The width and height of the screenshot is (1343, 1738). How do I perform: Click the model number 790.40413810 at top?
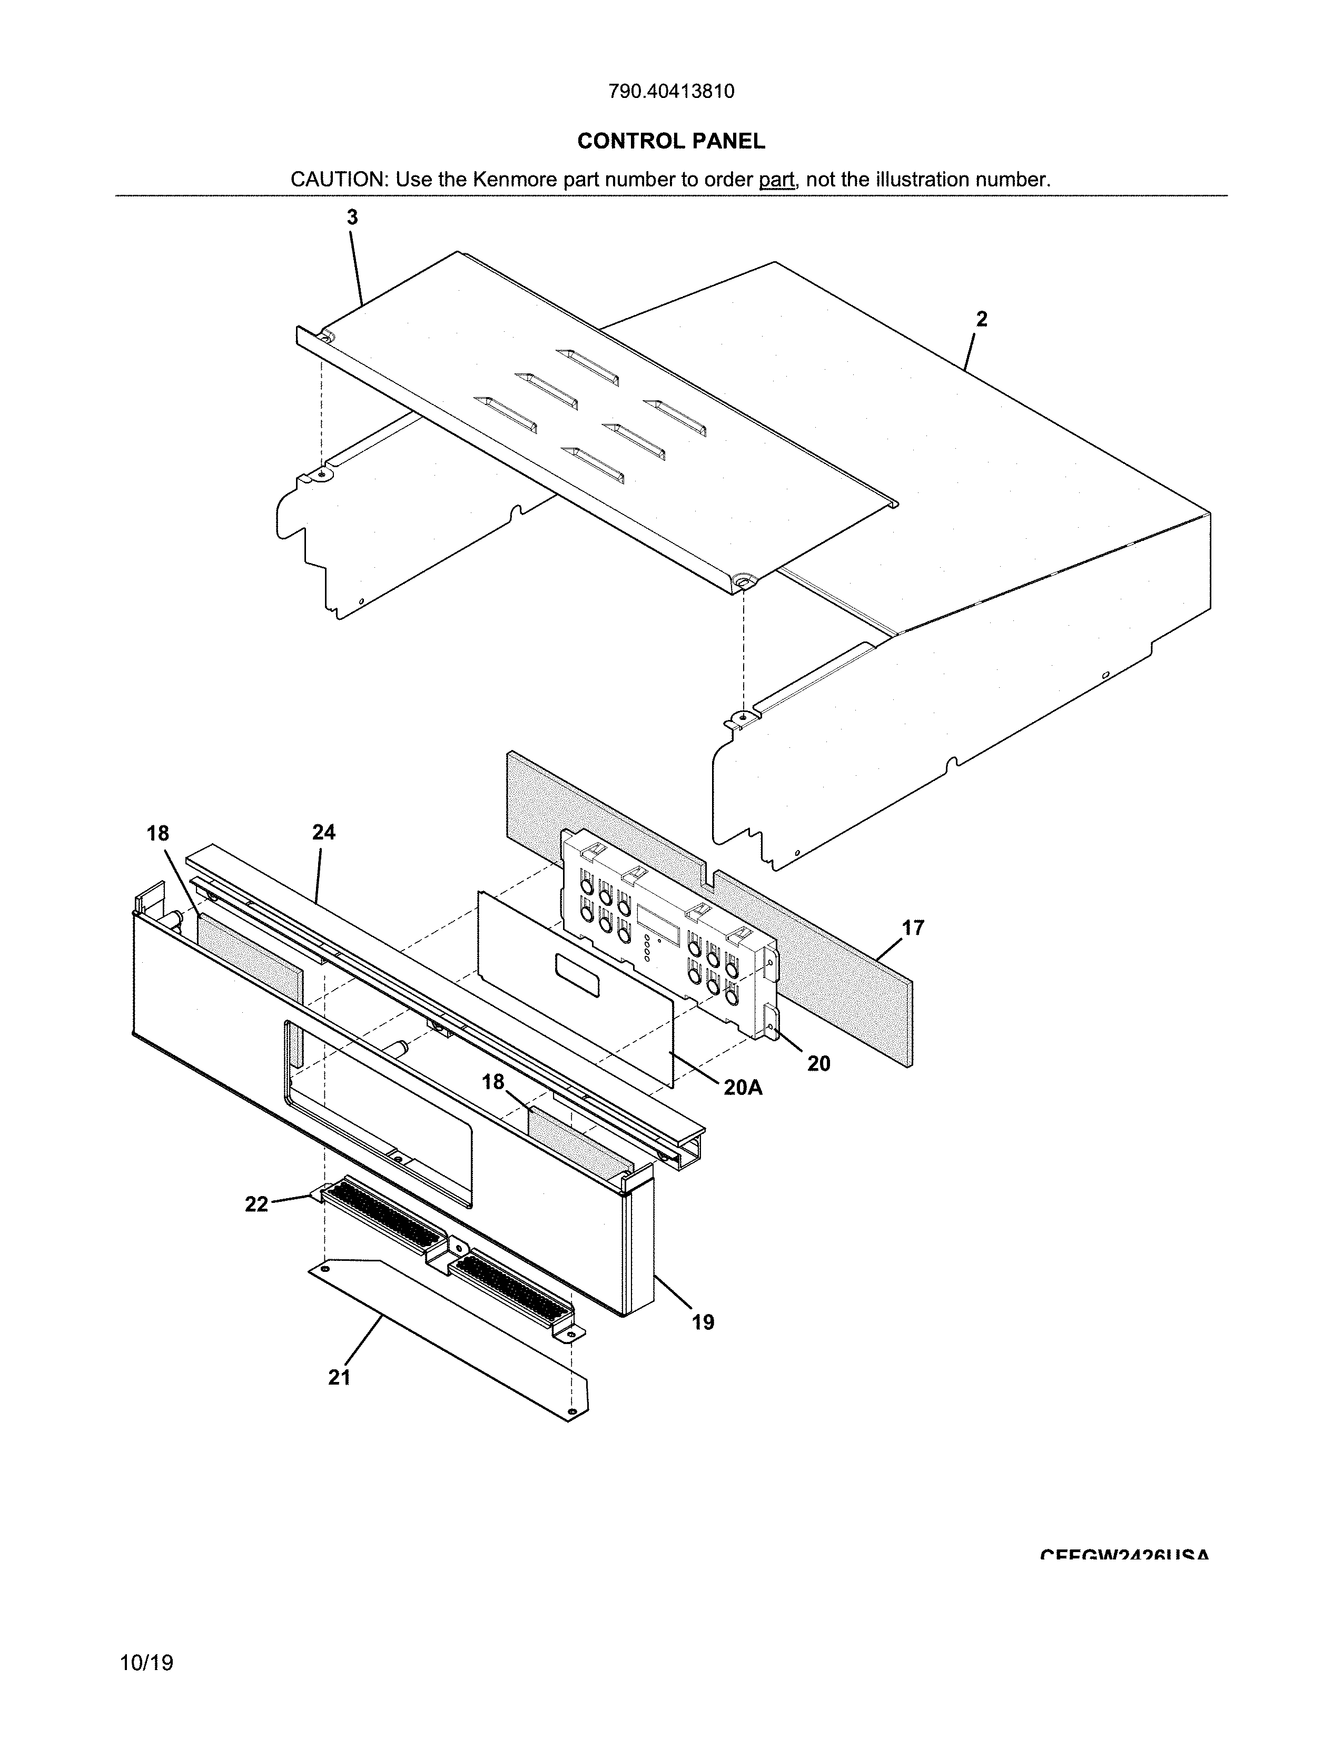tap(670, 92)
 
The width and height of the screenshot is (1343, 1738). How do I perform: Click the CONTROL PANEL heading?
tap(670, 142)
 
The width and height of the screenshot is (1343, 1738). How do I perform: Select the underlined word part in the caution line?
tap(776, 180)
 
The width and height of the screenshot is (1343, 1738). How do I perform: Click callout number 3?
tap(352, 217)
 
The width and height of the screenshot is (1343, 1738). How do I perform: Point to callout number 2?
tap(981, 319)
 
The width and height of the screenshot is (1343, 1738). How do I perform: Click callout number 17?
tap(913, 928)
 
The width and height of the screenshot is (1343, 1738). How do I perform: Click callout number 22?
tap(256, 1205)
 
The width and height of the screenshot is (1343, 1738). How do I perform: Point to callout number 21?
tap(340, 1378)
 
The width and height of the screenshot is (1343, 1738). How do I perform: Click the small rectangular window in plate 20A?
tap(576, 975)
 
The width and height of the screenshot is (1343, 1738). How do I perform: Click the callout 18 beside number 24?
tap(157, 833)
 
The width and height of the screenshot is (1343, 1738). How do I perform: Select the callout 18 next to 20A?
tap(493, 1082)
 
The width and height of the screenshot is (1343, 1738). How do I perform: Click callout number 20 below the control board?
tap(818, 1063)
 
